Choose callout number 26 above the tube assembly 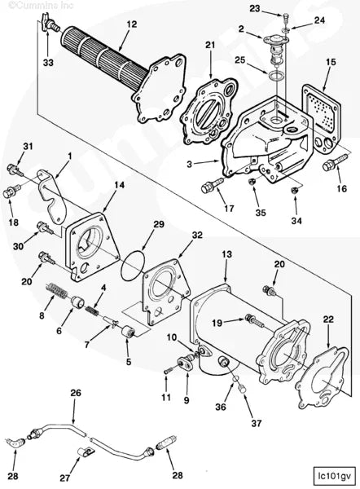pos(76,392)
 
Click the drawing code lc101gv pos(334,472)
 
